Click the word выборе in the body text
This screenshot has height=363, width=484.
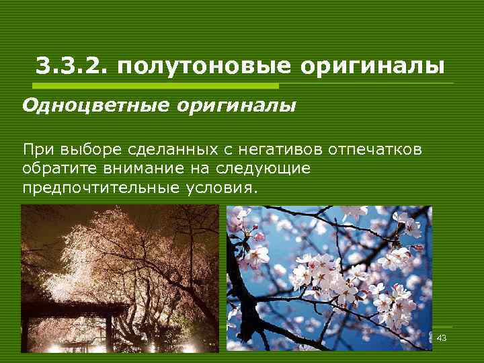(x=81, y=149)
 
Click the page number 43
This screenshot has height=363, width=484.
(x=442, y=337)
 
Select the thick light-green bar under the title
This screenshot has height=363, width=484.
(x=154, y=85)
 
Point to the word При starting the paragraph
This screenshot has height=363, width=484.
(x=36, y=149)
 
